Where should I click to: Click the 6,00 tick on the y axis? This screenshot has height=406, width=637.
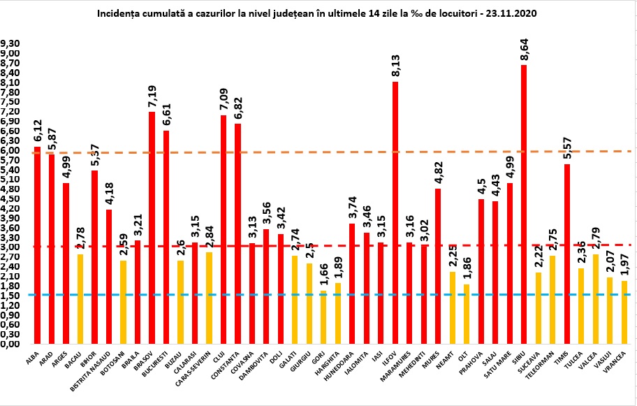10,150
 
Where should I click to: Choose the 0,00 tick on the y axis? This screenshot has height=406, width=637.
10,344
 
